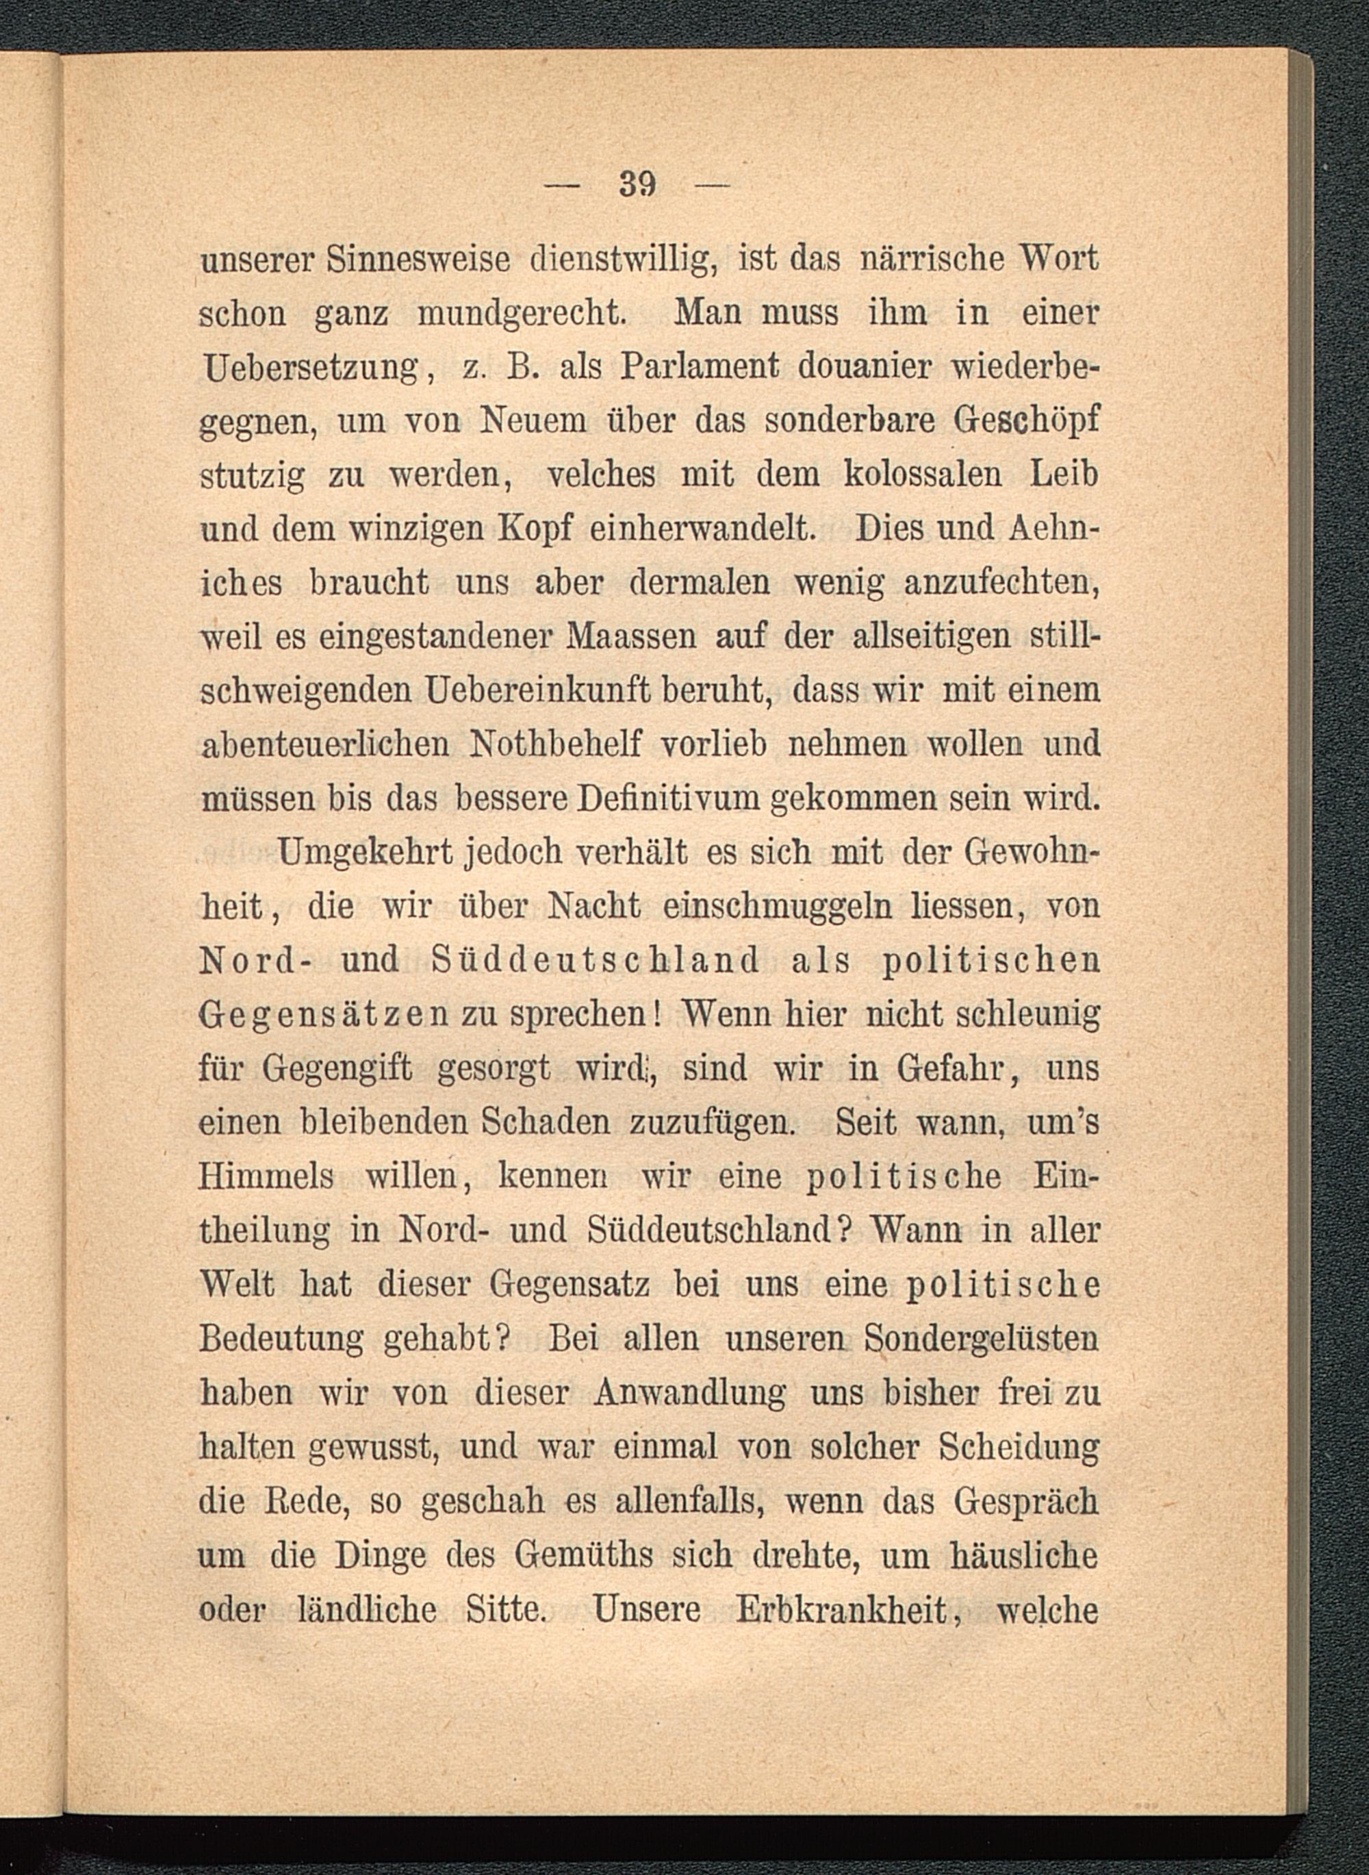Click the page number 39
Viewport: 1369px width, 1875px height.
637,184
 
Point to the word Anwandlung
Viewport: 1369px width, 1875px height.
690,1392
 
